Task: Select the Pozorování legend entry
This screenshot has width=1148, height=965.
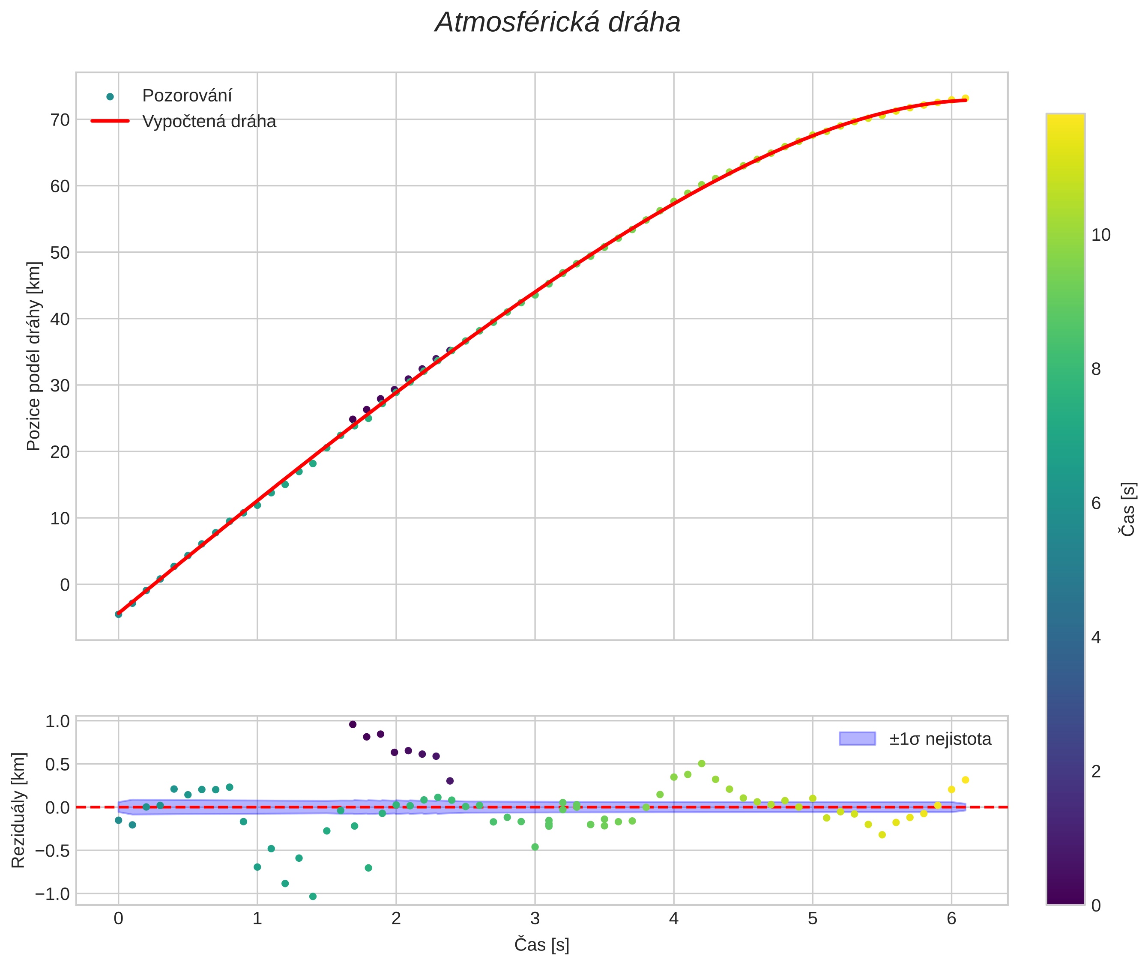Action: tap(187, 96)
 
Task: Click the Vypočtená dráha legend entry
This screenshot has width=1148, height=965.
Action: tap(209, 122)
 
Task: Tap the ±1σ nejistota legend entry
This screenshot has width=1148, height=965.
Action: tap(939, 739)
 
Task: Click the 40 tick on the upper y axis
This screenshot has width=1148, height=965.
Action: tap(60, 319)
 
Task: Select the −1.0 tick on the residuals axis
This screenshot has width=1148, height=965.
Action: tap(53, 894)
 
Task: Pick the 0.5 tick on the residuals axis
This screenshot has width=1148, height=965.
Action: tap(57, 764)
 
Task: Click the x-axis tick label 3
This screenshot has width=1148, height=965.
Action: tap(535, 918)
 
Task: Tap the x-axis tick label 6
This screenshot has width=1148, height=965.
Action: tap(951, 918)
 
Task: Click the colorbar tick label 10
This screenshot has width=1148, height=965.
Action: tap(1100, 235)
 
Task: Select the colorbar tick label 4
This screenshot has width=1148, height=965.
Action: tap(1095, 637)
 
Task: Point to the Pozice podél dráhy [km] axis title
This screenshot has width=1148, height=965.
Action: tap(33, 356)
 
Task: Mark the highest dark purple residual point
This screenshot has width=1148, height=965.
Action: tap(353, 724)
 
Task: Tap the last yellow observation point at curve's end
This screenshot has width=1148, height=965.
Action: tap(965, 99)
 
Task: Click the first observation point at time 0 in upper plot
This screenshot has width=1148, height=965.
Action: tap(118, 614)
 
